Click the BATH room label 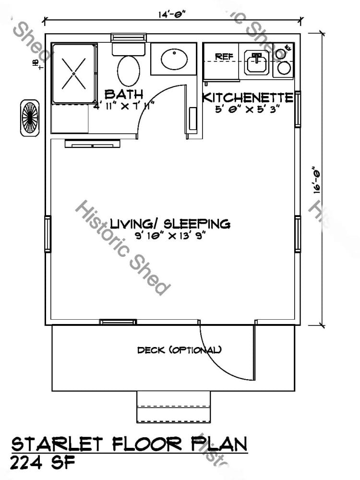123,93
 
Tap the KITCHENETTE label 248,97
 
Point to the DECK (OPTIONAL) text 179,350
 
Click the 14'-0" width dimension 172,14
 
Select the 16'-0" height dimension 316,180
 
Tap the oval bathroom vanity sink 174,60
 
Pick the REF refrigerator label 224,57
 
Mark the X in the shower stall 75,73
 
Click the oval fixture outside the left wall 30,118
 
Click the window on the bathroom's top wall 129,37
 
